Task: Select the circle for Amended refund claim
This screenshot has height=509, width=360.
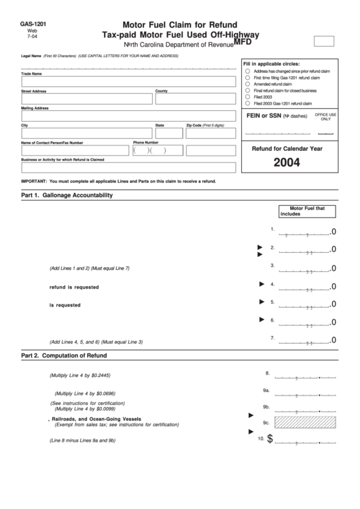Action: tap(248, 84)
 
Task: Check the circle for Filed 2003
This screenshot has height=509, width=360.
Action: tap(248, 96)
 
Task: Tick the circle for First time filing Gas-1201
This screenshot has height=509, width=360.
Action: tap(248, 77)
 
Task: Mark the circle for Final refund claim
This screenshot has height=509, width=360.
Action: tap(248, 90)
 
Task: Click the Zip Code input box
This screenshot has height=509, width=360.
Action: tap(211, 134)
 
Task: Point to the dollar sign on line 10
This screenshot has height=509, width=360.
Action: tap(270, 440)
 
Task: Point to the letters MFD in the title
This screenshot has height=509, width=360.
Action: tap(242, 41)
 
